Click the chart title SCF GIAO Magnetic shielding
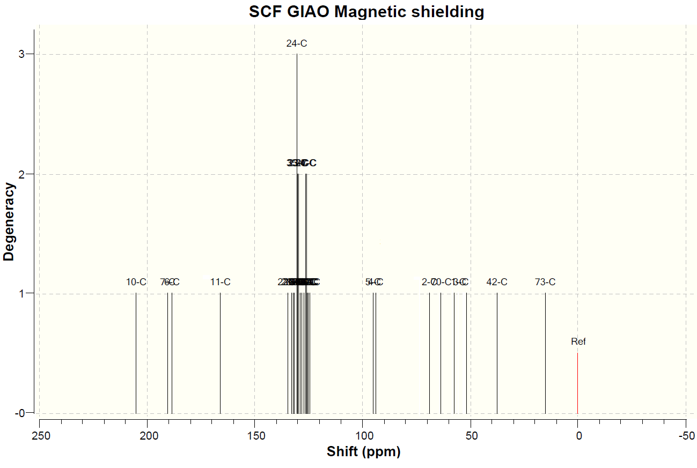pos(366,12)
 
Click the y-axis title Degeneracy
pos(9,221)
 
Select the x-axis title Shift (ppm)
pos(364,452)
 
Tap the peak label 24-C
pos(297,44)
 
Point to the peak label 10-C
pos(136,282)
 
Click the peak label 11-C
pos(220,282)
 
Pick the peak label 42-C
pos(497,282)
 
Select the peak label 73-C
pos(545,282)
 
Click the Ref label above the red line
pos(578,341)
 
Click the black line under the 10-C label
pos(136,354)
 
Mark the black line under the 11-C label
pos(220,354)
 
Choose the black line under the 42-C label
pos(497,354)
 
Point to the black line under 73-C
pos(545,354)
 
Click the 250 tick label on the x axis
pos(41,435)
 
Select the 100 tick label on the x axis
pos(363,435)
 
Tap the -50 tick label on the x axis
pos(685,435)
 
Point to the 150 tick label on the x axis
pos(255,435)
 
